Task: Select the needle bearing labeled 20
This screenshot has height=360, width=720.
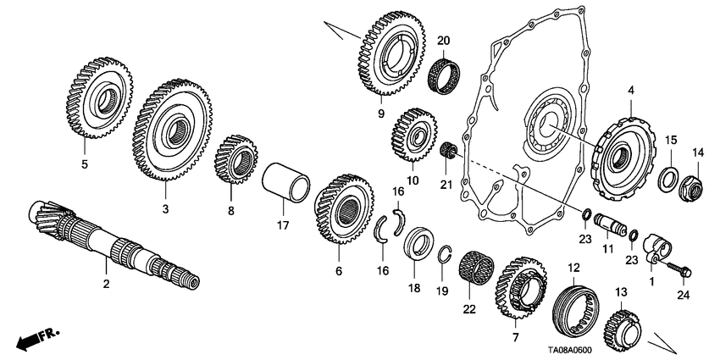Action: [x=447, y=69]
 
